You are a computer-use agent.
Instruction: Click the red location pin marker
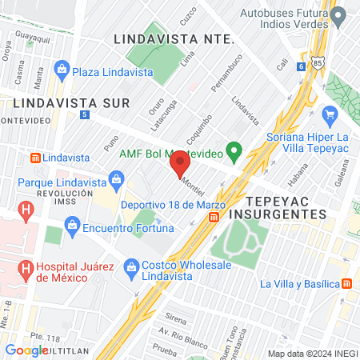pos(179,165)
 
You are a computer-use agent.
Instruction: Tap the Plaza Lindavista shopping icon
pos(62,71)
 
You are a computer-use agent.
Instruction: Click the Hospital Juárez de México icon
pos(26,267)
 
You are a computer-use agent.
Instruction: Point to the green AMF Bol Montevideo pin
pos(234,150)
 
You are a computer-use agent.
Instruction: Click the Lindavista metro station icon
pos(34,157)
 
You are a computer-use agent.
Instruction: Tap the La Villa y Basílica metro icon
pos(346,284)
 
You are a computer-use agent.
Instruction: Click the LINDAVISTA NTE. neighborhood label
pos(174,38)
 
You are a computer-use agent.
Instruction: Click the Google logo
pos(26,350)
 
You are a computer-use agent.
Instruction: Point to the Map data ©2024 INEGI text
pos(312,353)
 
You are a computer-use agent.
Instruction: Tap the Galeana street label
pos(343,170)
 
